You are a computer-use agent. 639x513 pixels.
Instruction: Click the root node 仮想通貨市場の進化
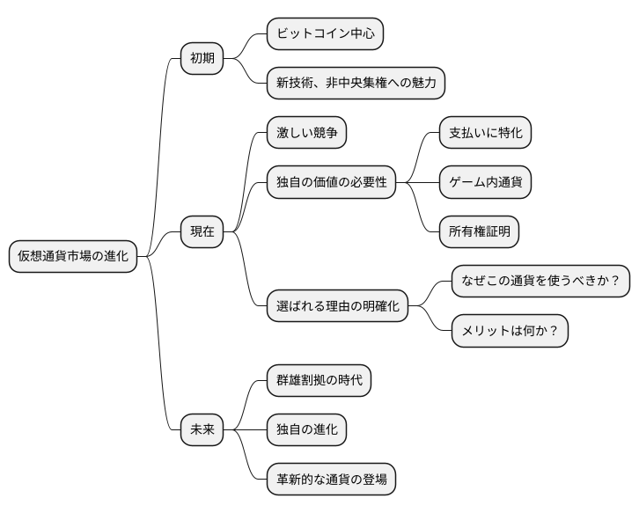[x=73, y=256]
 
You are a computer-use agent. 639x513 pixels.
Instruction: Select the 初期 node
[x=202, y=59]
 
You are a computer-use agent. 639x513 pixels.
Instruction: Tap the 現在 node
[x=202, y=231]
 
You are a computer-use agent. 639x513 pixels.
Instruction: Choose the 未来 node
[x=202, y=430]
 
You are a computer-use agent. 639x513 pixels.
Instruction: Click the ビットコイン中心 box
[x=325, y=34]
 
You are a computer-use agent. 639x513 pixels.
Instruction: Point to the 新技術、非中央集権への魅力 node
[x=356, y=84]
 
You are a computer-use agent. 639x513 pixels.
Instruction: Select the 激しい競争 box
[x=306, y=134]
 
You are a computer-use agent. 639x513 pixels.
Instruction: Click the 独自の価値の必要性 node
[x=331, y=183]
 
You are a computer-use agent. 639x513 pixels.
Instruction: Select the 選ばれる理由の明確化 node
[x=337, y=306]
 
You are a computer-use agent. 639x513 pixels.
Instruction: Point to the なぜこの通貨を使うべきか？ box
[x=540, y=282]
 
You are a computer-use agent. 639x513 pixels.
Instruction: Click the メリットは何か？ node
[x=510, y=331]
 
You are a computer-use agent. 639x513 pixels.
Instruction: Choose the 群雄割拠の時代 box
[x=319, y=381]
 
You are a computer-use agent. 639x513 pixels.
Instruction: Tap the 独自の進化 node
[x=306, y=430]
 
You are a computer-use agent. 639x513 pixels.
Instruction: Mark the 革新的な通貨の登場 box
[x=331, y=480]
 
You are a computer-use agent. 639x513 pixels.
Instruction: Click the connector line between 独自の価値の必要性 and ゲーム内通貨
[x=417, y=183]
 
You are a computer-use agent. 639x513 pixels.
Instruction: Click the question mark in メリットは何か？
[x=555, y=331]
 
